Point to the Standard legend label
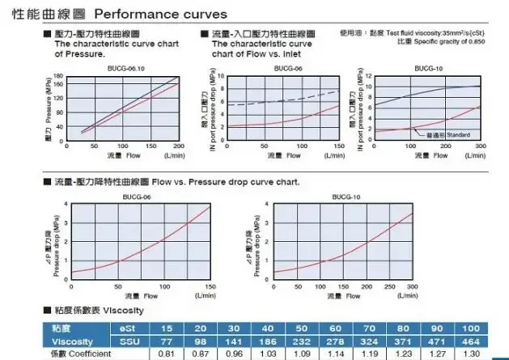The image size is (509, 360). (x=458, y=134)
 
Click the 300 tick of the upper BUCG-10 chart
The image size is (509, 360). (x=480, y=145)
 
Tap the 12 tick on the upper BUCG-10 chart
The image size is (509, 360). (x=368, y=77)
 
